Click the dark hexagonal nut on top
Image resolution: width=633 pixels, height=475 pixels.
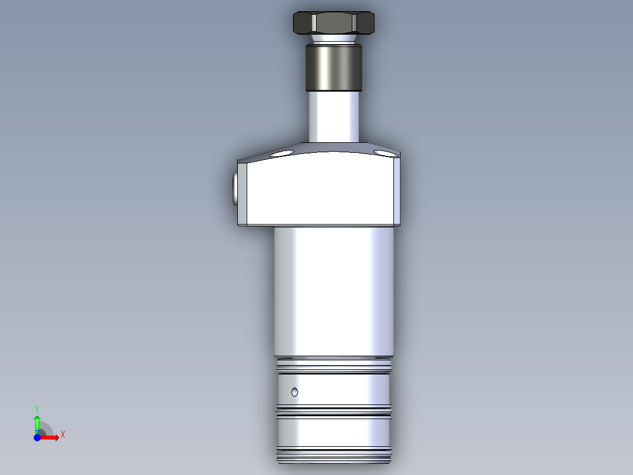point(334,23)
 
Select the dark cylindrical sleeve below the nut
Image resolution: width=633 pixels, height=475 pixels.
point(334,67)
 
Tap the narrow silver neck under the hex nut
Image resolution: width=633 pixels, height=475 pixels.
point(333,39)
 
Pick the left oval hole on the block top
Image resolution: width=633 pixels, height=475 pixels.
point(284,154)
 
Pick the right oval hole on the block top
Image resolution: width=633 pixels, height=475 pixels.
point(385,153)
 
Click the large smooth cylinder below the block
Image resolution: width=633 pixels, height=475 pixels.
point(334,291)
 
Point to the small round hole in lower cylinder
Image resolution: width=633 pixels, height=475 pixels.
point(295,392)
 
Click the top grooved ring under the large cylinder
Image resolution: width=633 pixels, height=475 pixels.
point(334,366)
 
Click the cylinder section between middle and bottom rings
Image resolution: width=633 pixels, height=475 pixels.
point(334,432)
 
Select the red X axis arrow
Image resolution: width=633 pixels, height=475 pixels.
point(50,437)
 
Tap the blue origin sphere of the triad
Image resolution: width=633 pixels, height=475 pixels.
point(37,437)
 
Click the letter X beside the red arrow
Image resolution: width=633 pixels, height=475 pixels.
point(63,435)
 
